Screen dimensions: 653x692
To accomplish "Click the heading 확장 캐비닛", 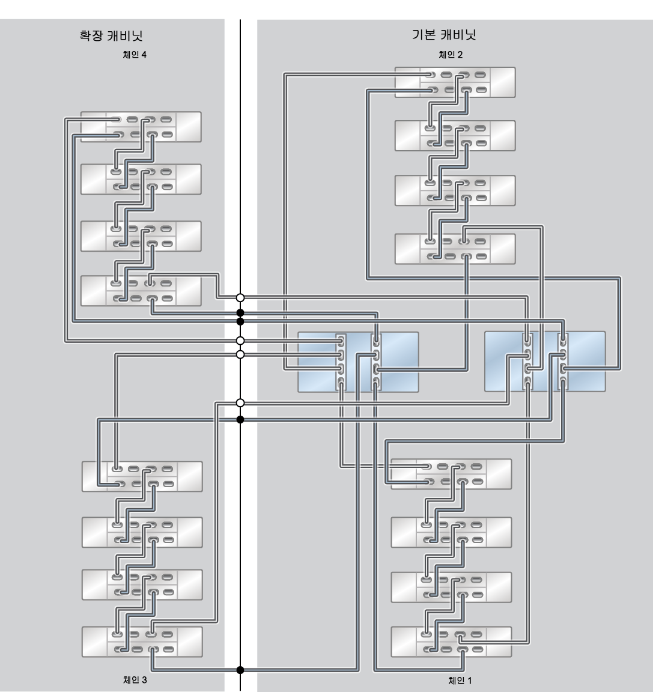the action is [x=111, y=35].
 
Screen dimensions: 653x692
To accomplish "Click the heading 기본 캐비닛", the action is [x=444, y=34].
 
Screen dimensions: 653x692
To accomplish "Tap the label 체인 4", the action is [x=135, y=55].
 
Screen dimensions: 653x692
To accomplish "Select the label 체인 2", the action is [x=451, y=55].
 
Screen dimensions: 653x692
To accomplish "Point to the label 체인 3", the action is [x=135, y=680].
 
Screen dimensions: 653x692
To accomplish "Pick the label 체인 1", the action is [x=460, y=681].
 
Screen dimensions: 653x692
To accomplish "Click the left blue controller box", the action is [x=358, y=362].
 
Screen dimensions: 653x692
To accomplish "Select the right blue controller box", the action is [x=545, y=362].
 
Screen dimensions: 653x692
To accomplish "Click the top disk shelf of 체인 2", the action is [x=455, y=82].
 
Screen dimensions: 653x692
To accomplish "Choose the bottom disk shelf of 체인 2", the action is [x=455, y=249].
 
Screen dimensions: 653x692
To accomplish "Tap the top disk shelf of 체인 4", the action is [x=141, y=127].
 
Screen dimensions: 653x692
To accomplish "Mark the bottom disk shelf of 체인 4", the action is [x=141, y=291].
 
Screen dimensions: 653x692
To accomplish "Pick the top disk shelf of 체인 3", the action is [x=142, y=476].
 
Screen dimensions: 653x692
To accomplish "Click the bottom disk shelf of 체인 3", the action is [x=142, y=642].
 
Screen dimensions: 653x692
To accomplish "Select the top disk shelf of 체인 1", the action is [x=451, y=474].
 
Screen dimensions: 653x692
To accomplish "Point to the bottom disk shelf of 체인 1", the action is [x=451, y=642].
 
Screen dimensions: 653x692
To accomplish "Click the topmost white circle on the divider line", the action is [x=240, y=298].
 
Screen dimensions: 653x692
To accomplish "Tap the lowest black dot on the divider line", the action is [x=240, y=670].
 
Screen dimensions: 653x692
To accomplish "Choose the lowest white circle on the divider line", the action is [x=240, y=403].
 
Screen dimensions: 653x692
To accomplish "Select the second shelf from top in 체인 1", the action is [x=451, y=532].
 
